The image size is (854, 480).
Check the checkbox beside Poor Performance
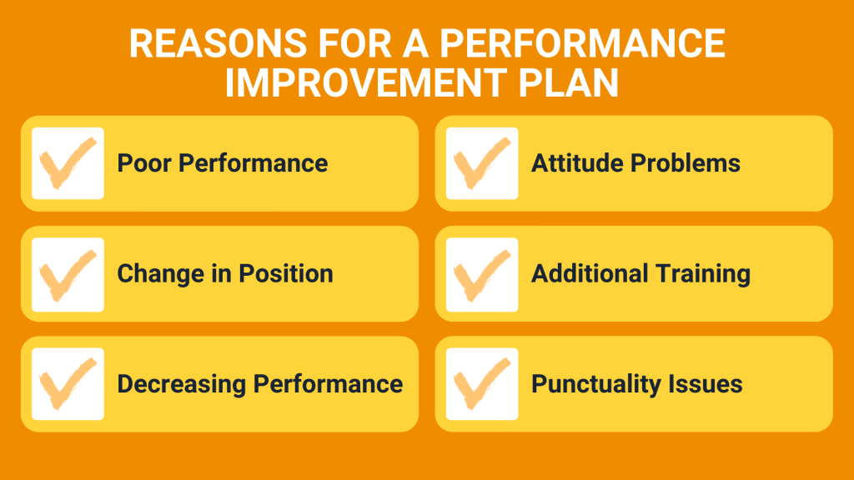(68, 163)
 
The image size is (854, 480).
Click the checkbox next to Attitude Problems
(482, 163)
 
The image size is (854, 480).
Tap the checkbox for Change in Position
(68, 274)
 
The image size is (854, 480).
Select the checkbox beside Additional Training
(482, 274)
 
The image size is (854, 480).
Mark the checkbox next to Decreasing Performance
(68, 384)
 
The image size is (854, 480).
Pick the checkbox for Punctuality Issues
(482, 384)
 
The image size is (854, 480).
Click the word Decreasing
(182, 384)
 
